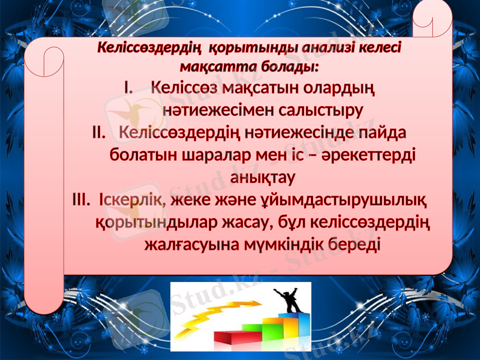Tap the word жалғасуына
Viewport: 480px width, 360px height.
tap(192, 244)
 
